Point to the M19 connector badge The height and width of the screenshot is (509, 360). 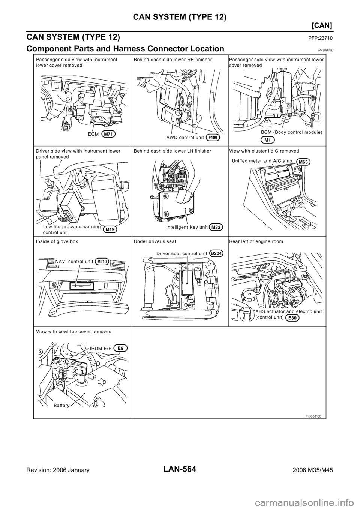point(109,229)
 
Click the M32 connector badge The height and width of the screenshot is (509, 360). point(216,227)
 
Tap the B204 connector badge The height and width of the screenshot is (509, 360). point(217,253)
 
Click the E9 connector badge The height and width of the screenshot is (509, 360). point(121,348)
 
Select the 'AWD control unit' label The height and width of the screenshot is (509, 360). point(184,138)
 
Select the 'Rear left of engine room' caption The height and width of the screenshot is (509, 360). point(256,242)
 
